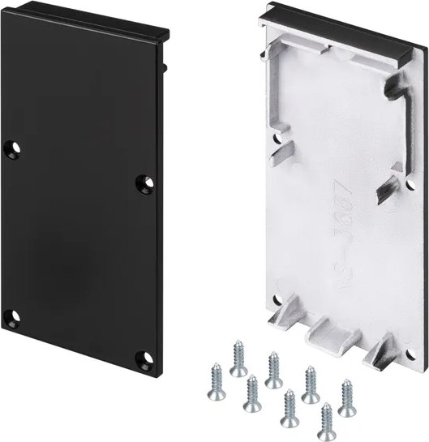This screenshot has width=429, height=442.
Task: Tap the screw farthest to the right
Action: [348, 397]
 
